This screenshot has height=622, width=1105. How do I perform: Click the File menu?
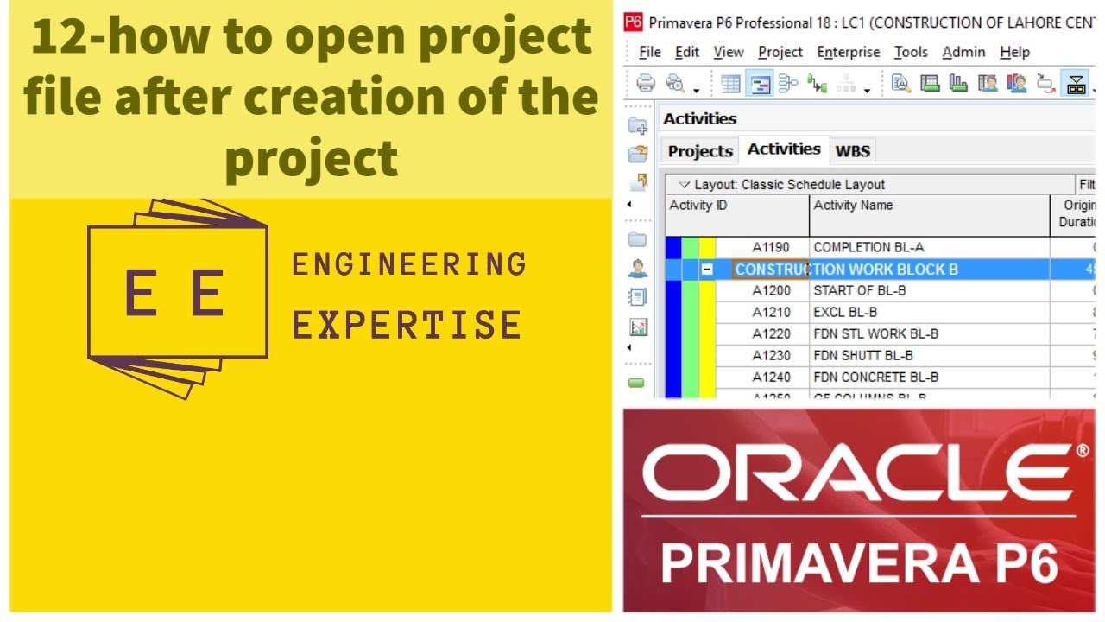point(649,52)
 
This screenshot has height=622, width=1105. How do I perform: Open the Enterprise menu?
point(848,52)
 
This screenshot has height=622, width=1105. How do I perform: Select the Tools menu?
point(910,52)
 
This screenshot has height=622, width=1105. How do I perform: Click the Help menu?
point(1014,52)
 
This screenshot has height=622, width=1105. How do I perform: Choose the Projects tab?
point(699,151)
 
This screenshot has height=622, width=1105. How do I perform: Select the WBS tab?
point(852,151)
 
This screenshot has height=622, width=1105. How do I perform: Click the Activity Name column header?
point(853,206)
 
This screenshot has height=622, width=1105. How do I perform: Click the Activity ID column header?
point(698,206)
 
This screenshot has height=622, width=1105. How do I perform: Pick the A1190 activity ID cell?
point(770,247)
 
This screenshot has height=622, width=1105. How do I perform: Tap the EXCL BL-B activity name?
point(845,312)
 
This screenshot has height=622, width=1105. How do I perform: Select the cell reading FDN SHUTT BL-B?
point(863,355)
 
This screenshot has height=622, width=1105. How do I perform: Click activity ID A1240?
point(770,377)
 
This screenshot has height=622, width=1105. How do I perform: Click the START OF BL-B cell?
point(859,290)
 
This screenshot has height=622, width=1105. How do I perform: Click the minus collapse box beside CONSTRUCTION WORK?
point(707,270)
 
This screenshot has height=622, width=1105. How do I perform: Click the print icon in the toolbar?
point(645,84)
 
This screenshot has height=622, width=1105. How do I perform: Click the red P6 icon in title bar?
point(633,22)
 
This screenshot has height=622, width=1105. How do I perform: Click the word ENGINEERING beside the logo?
point(409,264)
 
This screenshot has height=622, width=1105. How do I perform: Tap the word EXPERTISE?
point(406,325)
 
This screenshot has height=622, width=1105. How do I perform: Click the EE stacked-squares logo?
point(177,294)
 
